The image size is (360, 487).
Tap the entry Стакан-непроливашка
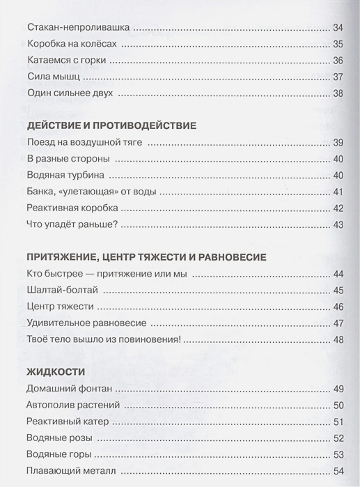coord(77,29)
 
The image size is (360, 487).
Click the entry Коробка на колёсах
coord(72,45)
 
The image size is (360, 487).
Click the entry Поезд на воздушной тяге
coord(84,143)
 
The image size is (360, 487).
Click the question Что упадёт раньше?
coord(71,224)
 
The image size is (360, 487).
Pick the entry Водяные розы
coord(58,438)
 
